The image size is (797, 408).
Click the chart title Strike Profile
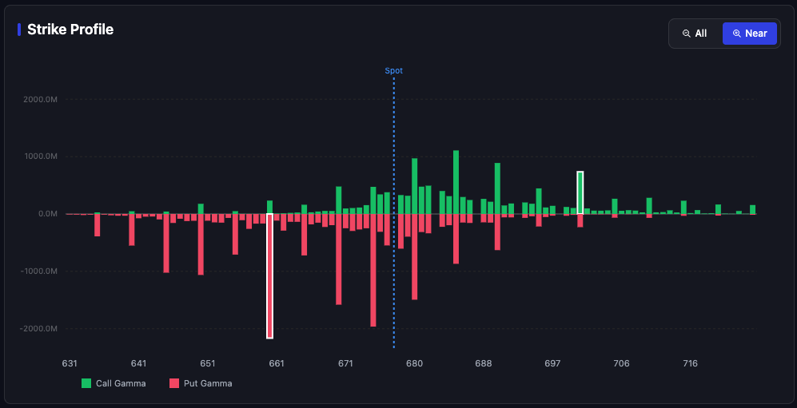tap(70, 30)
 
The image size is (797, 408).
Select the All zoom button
tap(694, 34)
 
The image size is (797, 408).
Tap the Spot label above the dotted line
tap(393, 70)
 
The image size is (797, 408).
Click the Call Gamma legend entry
tap(114, 383)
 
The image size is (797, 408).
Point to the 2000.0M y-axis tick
tap(41, 99)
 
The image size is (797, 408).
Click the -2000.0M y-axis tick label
tap(40, 329)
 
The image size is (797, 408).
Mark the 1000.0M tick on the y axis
tap(41, 156)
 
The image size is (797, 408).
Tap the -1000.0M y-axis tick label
tap(40, 271)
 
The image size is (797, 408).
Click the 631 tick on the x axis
tap(70, 363)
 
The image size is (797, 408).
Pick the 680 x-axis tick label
tap(414, 363)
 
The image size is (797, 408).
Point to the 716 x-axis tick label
tap(690, 363)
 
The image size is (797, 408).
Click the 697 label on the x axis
tap(552, 363)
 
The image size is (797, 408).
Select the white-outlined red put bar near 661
tap(269, 275)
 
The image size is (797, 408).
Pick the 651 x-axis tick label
tap(208, 363)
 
